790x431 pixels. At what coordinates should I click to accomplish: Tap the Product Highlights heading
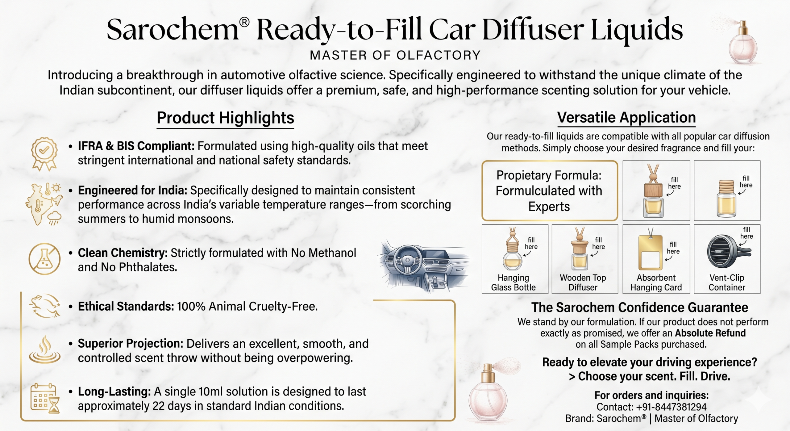point(225,118)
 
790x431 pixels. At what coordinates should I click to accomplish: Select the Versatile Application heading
point(626,118)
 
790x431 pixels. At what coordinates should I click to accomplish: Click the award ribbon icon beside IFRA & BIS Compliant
point(44,154)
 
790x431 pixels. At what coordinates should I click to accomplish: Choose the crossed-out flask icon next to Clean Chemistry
point(44,259)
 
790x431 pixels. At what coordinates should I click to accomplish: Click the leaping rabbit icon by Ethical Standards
point(45,306)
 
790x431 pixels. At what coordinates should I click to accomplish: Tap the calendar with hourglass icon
point(45,398)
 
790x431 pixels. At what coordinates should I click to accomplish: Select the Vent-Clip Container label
point(727,282)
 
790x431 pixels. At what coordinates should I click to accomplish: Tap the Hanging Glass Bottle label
point(513,282)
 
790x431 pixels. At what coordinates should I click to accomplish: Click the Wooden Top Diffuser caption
point(583,282)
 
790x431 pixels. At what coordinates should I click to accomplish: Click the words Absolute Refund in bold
point(710,333)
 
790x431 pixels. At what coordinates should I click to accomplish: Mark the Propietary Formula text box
point(550,190)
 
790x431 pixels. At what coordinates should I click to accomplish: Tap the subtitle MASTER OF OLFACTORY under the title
point(395,55)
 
